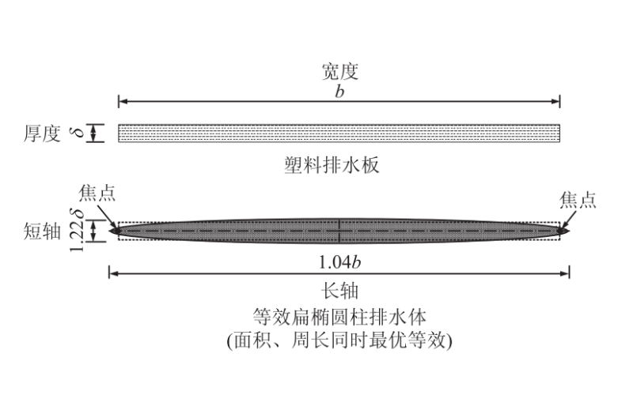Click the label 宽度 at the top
(339, 72)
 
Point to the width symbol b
(339, 90)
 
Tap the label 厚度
(42, 134)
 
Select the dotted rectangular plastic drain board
(339, 134)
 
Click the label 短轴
(42, 231)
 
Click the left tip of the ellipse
(112, 231)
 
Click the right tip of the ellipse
(567, 231)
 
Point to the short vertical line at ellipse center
(339, 231)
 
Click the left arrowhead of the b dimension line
(123, 101)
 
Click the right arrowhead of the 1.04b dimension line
(565, 274)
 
